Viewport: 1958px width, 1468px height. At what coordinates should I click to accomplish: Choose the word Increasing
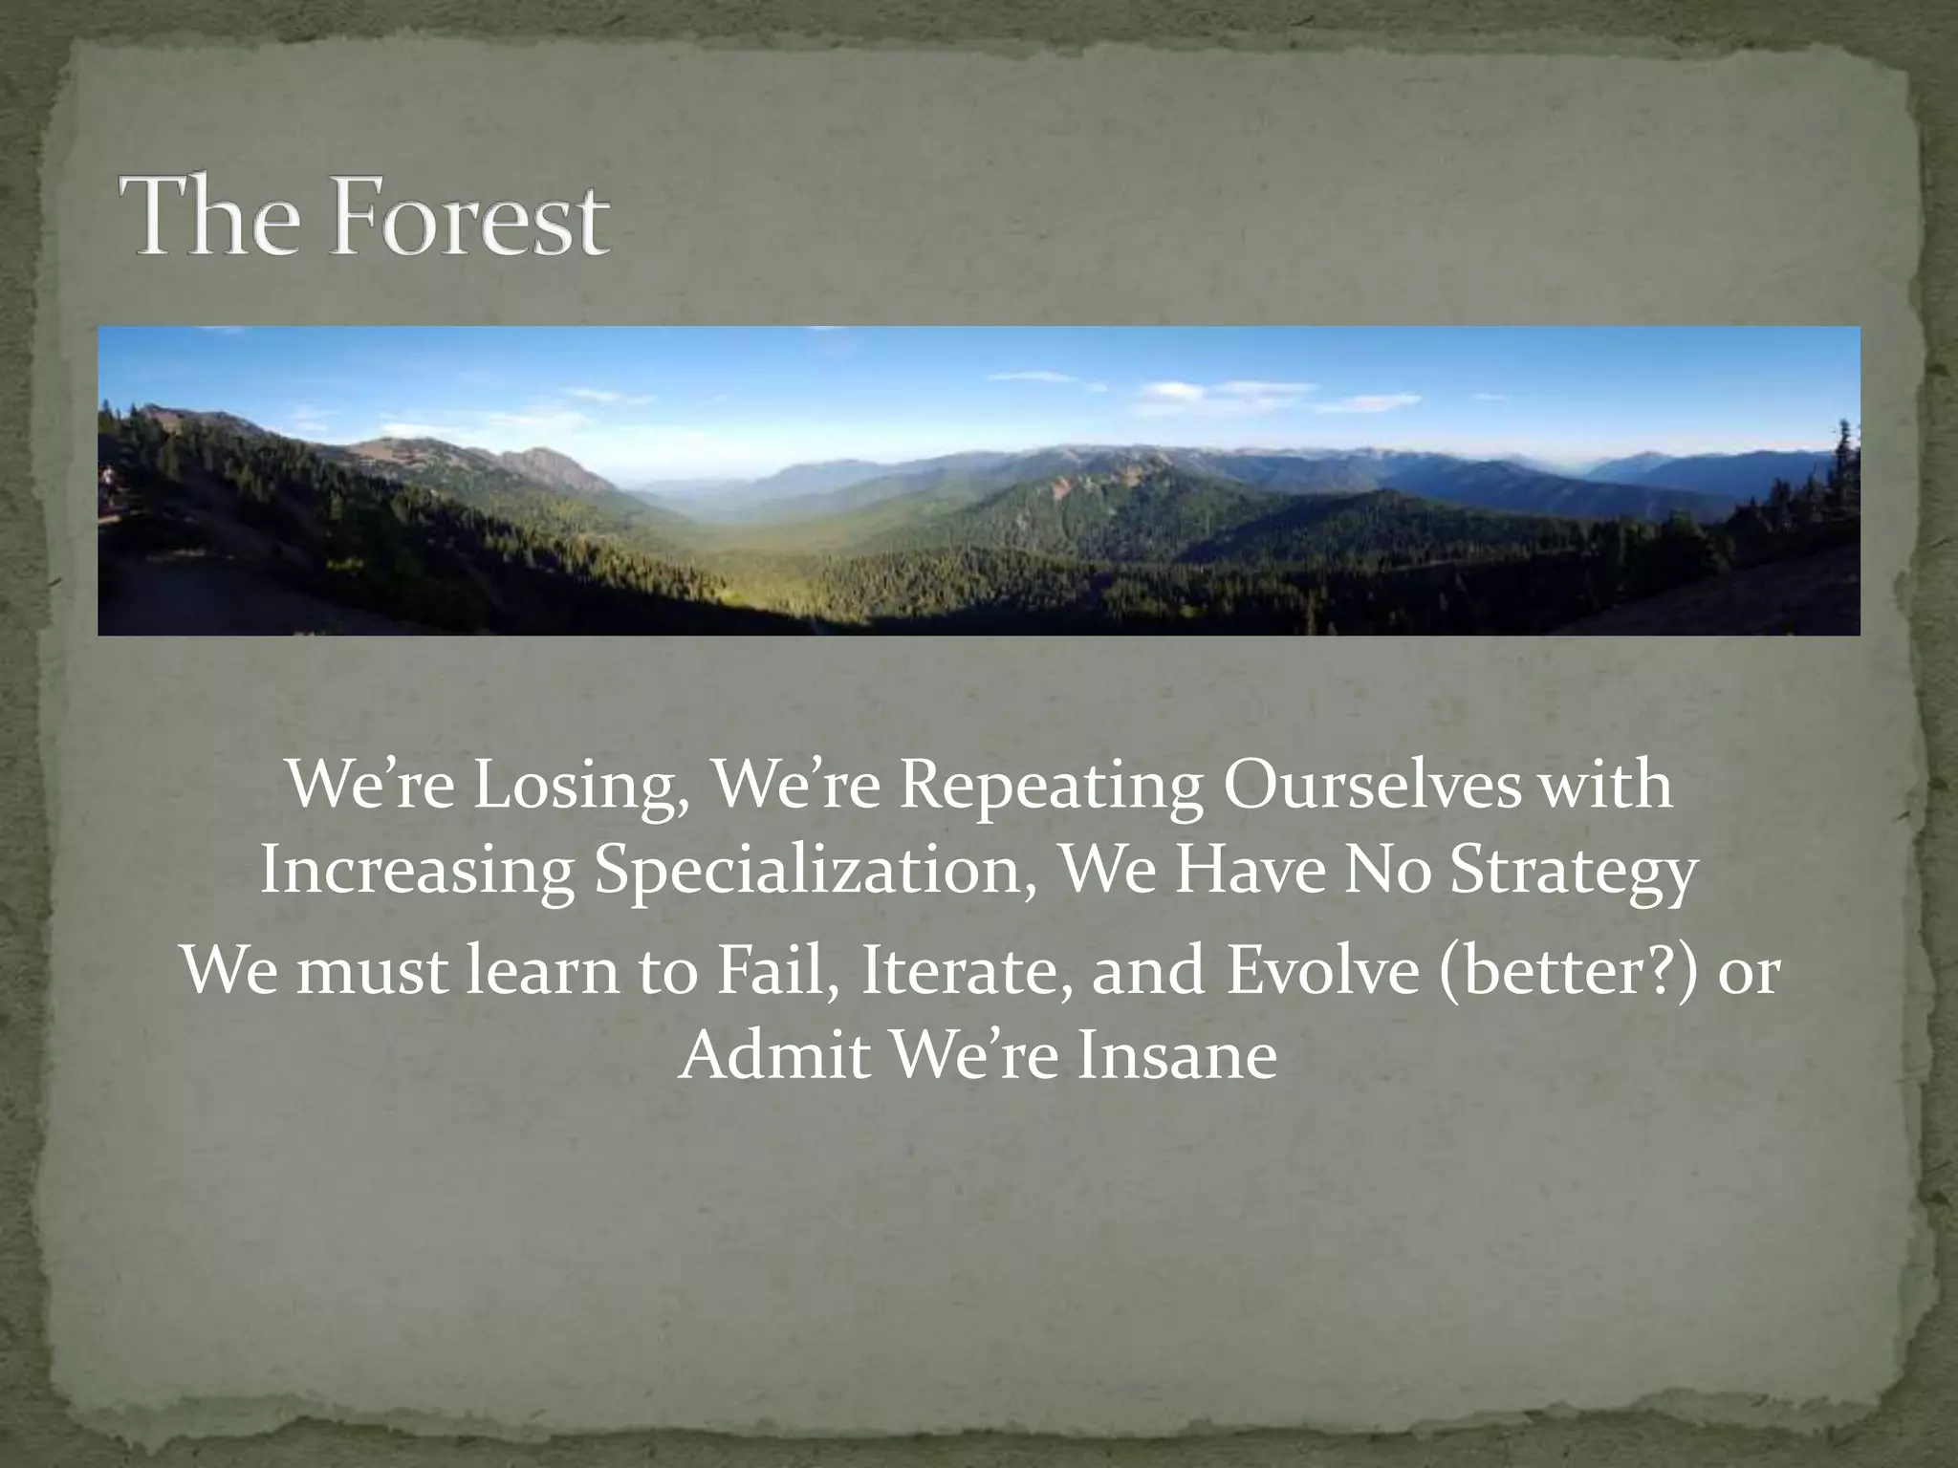click(x=417, y=872)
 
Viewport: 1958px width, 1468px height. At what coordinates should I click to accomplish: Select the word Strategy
click(x=1574, y=872)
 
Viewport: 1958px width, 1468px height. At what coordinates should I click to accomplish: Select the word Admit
click(x=772, y=1056)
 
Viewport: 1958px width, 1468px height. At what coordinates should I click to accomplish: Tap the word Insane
click(x=1177, y=1056)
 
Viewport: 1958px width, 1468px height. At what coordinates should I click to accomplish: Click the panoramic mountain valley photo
click(x=979, y=481)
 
